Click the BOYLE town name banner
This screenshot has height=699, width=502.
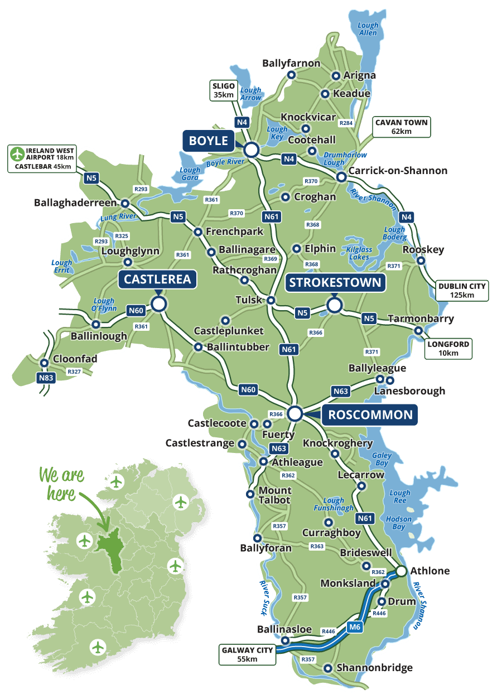point(209,141)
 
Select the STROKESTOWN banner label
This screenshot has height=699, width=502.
point(335,282)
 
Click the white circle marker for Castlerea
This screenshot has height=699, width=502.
point(160,303)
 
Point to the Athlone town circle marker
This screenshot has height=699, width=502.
point(401,571)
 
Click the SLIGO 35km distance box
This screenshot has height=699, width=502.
point(224,90)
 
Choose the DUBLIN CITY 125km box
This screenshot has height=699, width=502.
point(462,290)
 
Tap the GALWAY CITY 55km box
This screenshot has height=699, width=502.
point(247,654)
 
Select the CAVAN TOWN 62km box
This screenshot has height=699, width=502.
point(402,127)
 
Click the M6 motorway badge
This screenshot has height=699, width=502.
point(355,628)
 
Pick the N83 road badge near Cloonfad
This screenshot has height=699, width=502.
point(46,378)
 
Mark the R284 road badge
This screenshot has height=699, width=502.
point(346,123)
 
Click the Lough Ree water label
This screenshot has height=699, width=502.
point(400,496)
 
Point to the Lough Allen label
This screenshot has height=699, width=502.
point(368,29)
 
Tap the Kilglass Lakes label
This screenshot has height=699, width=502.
point(359,253)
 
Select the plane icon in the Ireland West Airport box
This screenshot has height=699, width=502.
point(17,153)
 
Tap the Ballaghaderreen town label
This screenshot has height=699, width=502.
point(76,203)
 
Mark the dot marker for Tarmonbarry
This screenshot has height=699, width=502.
point(418,331)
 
